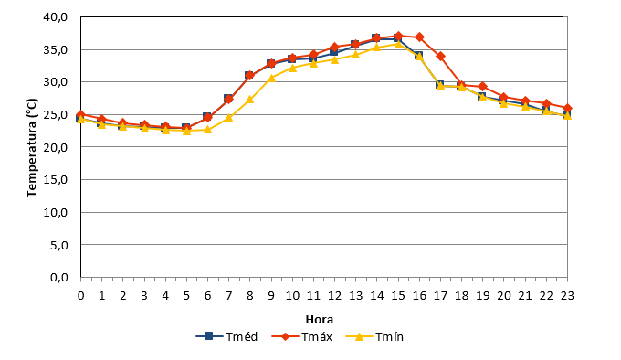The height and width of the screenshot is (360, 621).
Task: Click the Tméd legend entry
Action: click(226, 336)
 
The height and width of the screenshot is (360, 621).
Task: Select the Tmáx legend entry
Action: click(301, 336)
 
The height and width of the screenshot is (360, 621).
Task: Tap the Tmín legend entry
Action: click(374, 336)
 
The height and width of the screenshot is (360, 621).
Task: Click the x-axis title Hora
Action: click(320, 319)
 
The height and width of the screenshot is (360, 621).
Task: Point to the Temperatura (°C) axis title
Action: click(32, 147)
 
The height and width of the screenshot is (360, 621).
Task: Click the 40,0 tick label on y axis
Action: click(56, 17)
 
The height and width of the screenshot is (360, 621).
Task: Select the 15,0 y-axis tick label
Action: click(56, 180)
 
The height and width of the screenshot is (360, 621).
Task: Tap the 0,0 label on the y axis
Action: click(59, 278)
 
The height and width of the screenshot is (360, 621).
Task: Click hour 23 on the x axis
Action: click(567, 295)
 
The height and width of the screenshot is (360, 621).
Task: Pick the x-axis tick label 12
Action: click(334, 295)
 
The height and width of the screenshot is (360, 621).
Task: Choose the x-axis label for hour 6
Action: click(207, 295)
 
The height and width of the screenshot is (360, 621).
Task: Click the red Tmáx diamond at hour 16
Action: click(419, 37)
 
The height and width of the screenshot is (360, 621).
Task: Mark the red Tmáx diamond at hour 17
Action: click(440, 57)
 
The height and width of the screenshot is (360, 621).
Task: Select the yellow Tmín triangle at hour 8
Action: click(250, 100)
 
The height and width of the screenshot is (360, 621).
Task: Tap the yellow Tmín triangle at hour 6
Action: click(207, 129)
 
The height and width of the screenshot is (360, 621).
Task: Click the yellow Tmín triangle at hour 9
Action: click(271, 78)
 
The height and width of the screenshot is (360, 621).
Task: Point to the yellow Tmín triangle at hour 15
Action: click(398, 44)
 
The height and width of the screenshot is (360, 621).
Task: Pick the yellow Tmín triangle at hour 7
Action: click(229, 117)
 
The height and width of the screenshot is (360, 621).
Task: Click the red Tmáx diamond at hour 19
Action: click(483, 87)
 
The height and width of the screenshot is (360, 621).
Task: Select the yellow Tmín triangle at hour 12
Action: click(334, 59)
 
